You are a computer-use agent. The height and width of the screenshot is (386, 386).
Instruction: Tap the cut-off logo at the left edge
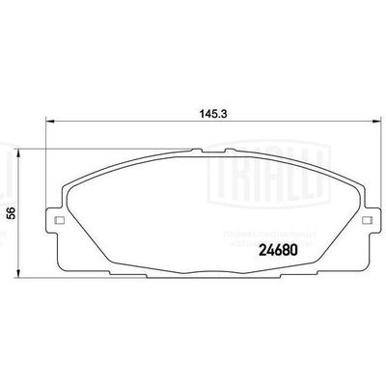[x=8, y=174]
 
